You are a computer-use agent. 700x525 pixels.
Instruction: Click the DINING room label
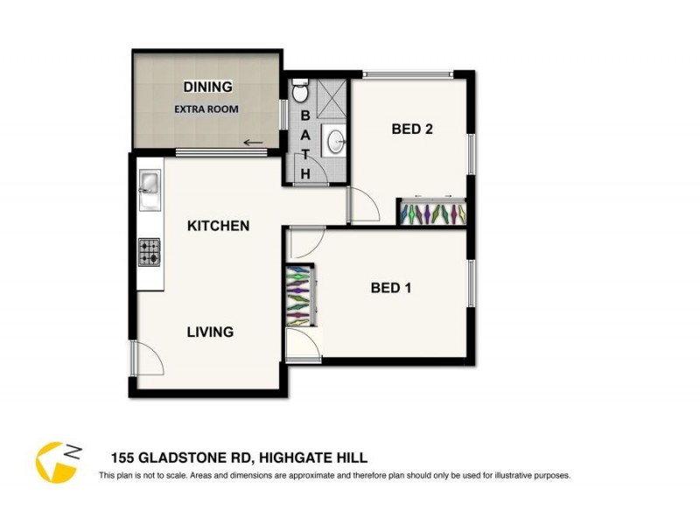pyautogui.click(x=207, y=87)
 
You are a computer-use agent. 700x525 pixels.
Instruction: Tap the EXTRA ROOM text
pyautogui.click(x=206, y=109)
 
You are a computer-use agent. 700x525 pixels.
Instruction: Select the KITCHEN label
pyautogui.click(x=219, y=226)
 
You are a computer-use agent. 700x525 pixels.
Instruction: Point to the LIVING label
pyautogui.click(x=210, y=332)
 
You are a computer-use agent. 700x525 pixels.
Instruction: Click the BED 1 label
pyautogui.click(x=390, y=288)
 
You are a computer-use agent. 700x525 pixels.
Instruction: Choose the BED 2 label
pyautogui.click(x=412, y=129)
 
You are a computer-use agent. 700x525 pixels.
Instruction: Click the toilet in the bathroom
pyautogui.click(x=299, y=90)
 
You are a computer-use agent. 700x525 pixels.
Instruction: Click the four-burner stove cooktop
pyautogui.click(x=150, y=252)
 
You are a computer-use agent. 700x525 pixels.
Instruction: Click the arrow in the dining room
pyautogui.click(x=253, y=143)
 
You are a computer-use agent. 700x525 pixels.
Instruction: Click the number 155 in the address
pyautogui.click(x=122, y=458)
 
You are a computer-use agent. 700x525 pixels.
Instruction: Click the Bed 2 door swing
pyautogui.click(x=363, y=206)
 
